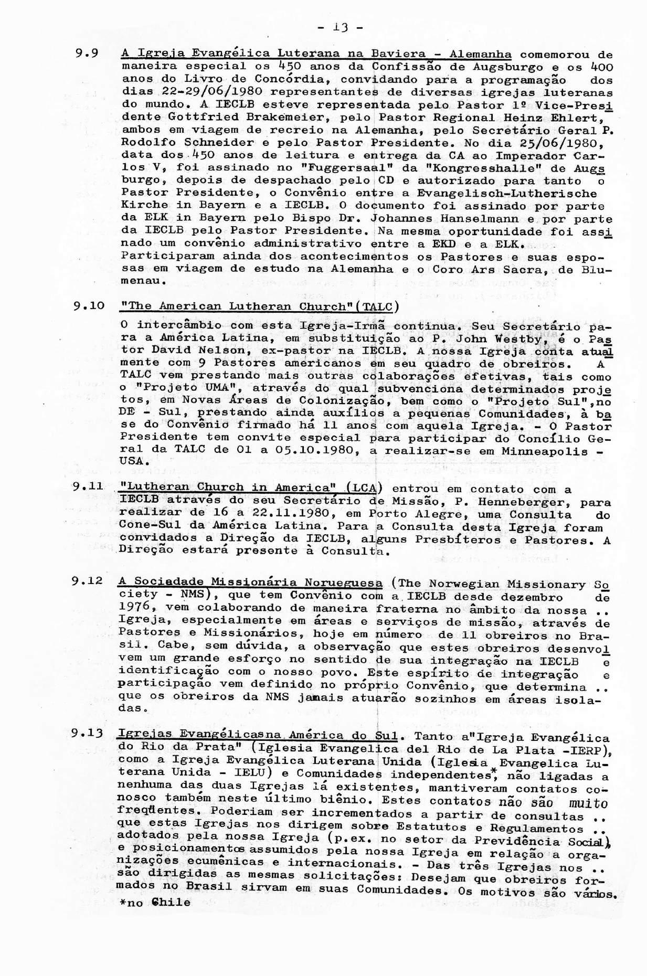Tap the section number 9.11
[88, 486]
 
